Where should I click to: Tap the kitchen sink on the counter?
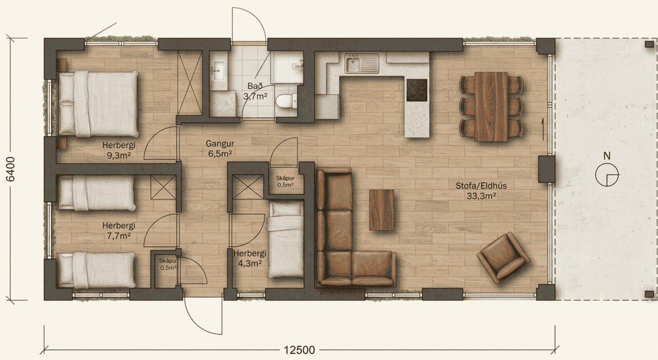(361, 64)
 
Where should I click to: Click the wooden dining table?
(491, 106)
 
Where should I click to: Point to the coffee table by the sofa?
(381, 210)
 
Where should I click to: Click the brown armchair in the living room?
(503, 258)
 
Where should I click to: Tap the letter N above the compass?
(607, 156)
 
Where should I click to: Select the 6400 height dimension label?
(11, 168)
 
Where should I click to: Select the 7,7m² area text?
(119, 236)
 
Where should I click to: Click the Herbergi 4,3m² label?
(250, 258)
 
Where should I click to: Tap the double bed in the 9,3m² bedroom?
(98, 103)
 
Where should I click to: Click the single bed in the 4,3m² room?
(286, 240)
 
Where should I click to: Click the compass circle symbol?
(607, 174)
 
